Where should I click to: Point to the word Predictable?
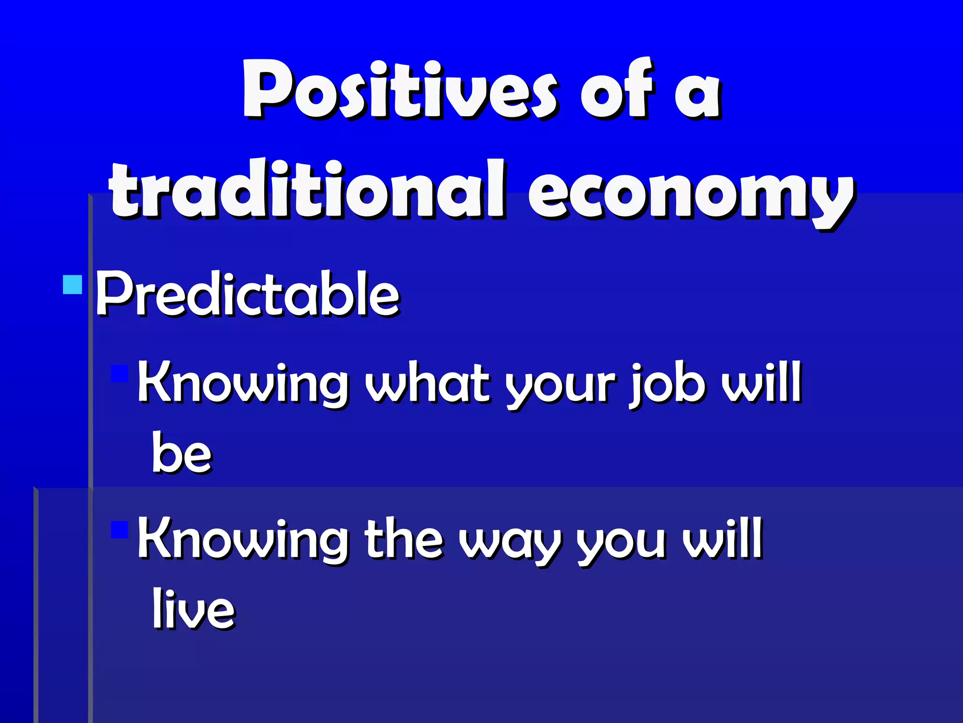247,294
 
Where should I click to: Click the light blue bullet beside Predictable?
72,284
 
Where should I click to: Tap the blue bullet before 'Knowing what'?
119,373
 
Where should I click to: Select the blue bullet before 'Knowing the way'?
119,529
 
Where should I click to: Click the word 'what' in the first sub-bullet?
428,384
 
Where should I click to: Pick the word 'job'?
668,384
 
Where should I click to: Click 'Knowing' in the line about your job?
242,384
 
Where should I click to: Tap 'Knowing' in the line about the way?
242,539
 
